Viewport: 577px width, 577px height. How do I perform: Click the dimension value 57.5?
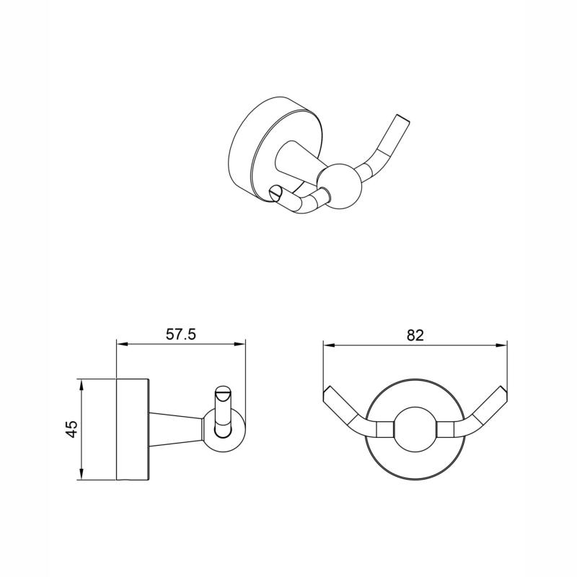click(181, 335)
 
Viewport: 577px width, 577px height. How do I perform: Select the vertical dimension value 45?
click(71, 429)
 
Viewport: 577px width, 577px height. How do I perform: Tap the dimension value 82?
click(414, 335)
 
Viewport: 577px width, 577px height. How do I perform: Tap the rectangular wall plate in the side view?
click(133, 429)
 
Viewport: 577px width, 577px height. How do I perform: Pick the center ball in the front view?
click(414, 429)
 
